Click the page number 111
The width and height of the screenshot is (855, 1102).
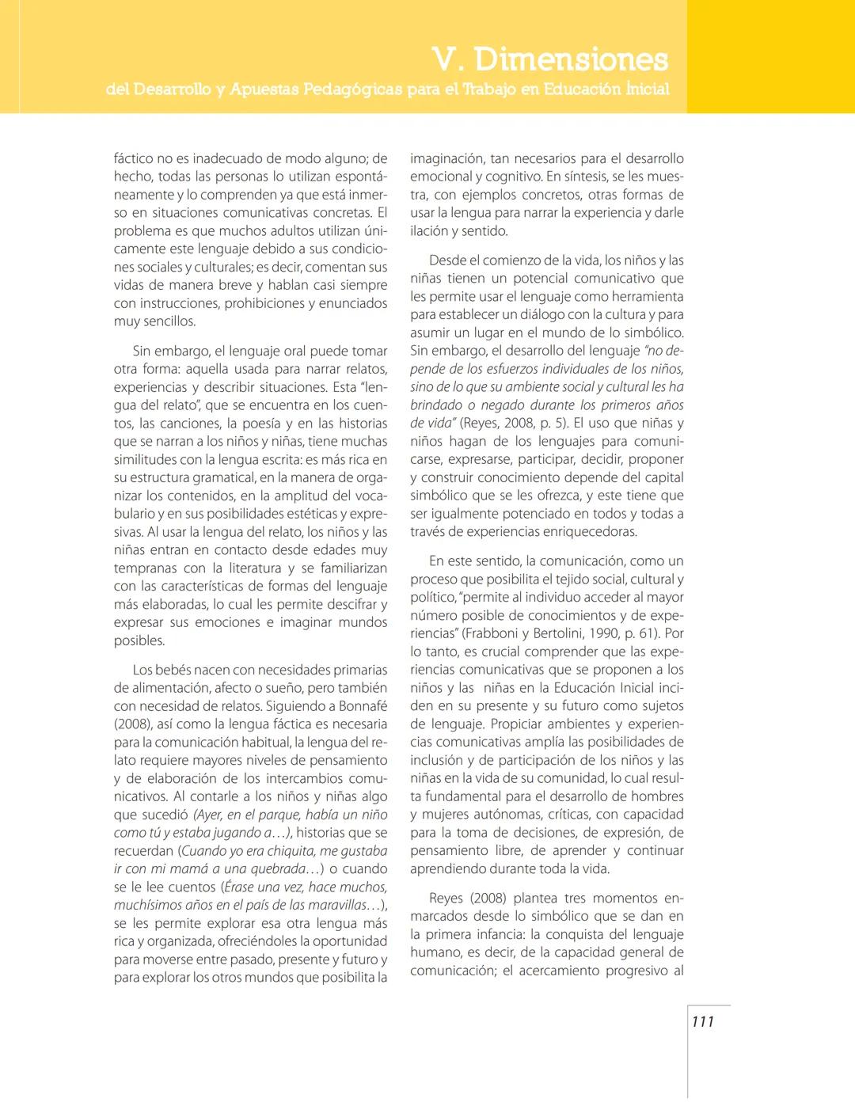702,1021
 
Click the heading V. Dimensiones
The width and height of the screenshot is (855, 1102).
550,59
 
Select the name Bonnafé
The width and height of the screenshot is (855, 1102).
363,705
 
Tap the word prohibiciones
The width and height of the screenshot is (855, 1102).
267,303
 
